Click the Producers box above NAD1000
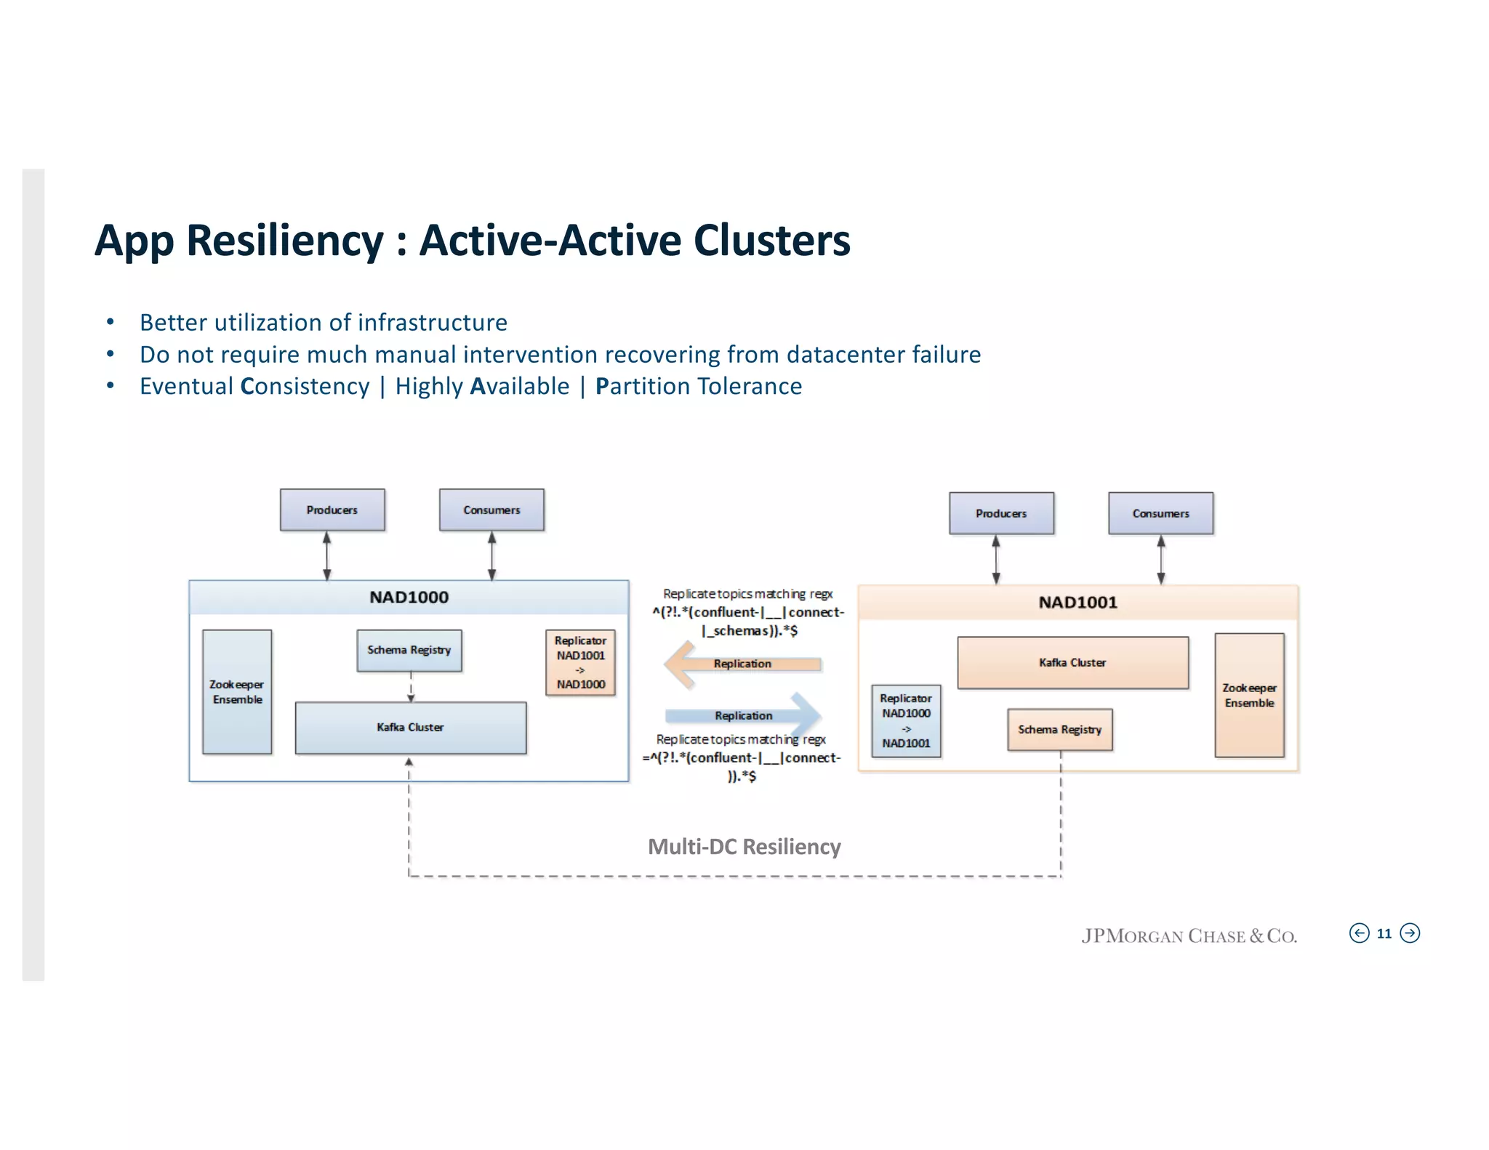(x=332, y=510)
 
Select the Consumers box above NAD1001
(x=1160, y=513)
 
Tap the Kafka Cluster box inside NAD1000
(x=411, y=727)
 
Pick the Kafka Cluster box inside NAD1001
(x=1072, y=662)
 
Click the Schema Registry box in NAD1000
(x=409, y=650)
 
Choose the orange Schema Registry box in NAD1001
(x=1059, y=729)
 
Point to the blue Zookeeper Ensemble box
(x=237, y=691)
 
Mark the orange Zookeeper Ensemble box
(x=1249, y=695)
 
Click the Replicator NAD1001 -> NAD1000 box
(x=580, y=662)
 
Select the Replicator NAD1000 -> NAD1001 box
(x=906, y=720)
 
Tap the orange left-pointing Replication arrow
(x=741, y=664)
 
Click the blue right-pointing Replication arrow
(x=744, y=715)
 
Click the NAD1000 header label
(x=409, y=598)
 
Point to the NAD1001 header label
(x=1077, y=603)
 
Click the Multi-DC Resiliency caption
(x=744, y=847)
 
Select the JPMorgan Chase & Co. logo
(x=1189, y=936)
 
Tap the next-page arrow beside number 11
(x=1410, y=933)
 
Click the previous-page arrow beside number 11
(x=1359, y=933)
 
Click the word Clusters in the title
(x=771, y=241)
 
